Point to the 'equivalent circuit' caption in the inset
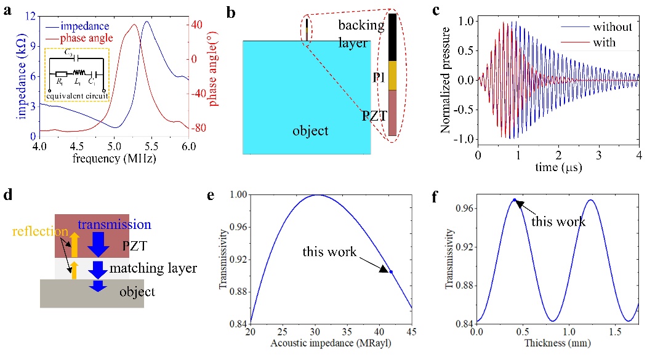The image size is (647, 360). [78, 96]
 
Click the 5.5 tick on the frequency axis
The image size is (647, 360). [151, 147]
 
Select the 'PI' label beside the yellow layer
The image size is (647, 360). [379, 76]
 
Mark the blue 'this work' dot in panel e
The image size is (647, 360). [391, 271]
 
